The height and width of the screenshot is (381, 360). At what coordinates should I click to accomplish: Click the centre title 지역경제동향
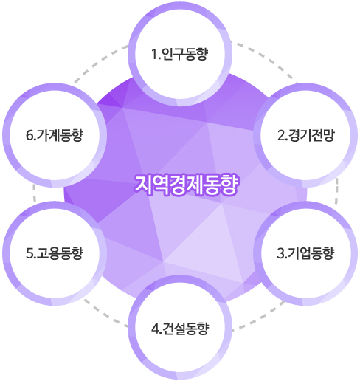coord(186,185)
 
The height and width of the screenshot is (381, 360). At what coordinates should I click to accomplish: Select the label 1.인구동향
coord(180,54)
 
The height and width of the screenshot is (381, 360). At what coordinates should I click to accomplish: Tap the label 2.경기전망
coord(306,135)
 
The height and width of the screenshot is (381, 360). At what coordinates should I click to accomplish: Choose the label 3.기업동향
coord(305,253)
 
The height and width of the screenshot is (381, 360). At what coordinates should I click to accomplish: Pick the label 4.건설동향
coord(180,329)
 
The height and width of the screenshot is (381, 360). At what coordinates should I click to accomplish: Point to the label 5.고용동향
coord(55,253)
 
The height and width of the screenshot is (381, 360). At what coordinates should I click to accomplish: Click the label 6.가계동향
coord(55,135)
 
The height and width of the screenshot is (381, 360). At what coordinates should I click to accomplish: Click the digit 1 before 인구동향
coord(154,55)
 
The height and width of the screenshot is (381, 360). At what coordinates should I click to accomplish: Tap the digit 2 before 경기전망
coord(281,136)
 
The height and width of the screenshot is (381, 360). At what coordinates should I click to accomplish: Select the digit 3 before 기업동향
coord(280,254)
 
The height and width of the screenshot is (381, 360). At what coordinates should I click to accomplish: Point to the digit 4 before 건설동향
coord(155,329)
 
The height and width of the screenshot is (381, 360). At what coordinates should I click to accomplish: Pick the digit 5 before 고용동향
coord(30,254)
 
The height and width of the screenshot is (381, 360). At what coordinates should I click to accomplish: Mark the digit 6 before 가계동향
coord(30,136)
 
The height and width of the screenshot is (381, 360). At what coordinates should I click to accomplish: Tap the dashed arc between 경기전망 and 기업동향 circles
coord(336,194)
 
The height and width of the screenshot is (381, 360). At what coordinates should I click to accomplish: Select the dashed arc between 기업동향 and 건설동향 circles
coord(260,316)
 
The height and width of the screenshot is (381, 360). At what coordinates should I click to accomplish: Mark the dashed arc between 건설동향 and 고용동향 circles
coord(105,315)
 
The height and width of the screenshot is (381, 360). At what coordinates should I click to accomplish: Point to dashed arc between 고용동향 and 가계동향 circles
coord(35,194)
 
